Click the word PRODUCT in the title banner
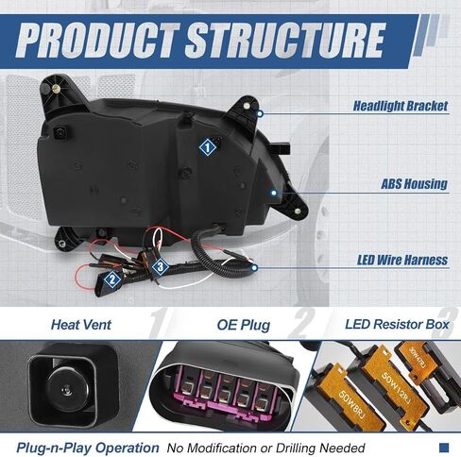coord(98,41)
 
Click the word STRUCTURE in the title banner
coord(285,41)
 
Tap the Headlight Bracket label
coord(401,106)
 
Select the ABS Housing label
coord(414,184)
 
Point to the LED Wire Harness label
coord(402,261)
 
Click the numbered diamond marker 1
coord(207,147)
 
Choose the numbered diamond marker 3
coord(160,267)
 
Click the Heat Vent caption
coord(81,325)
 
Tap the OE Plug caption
coord(244,325)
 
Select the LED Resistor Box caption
coord(397,325)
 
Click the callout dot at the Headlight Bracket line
coord(260,113)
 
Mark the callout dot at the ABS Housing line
coord(274,193)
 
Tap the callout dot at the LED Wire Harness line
coord(254,268)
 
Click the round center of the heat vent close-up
coord(68,390)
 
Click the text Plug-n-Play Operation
coord(88,448)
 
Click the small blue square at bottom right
coord(444,448)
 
